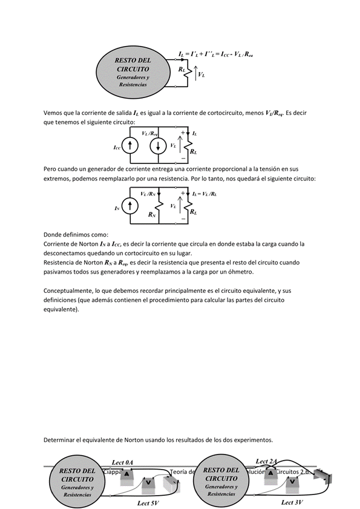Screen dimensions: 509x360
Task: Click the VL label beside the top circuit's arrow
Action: pos(201,75)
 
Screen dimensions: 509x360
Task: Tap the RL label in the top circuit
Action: pos(182,70)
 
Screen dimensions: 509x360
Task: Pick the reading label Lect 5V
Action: pos(148,502)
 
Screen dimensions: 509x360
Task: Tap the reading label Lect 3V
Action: pos(293,502)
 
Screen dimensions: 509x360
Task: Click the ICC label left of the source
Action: pos(117,147)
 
